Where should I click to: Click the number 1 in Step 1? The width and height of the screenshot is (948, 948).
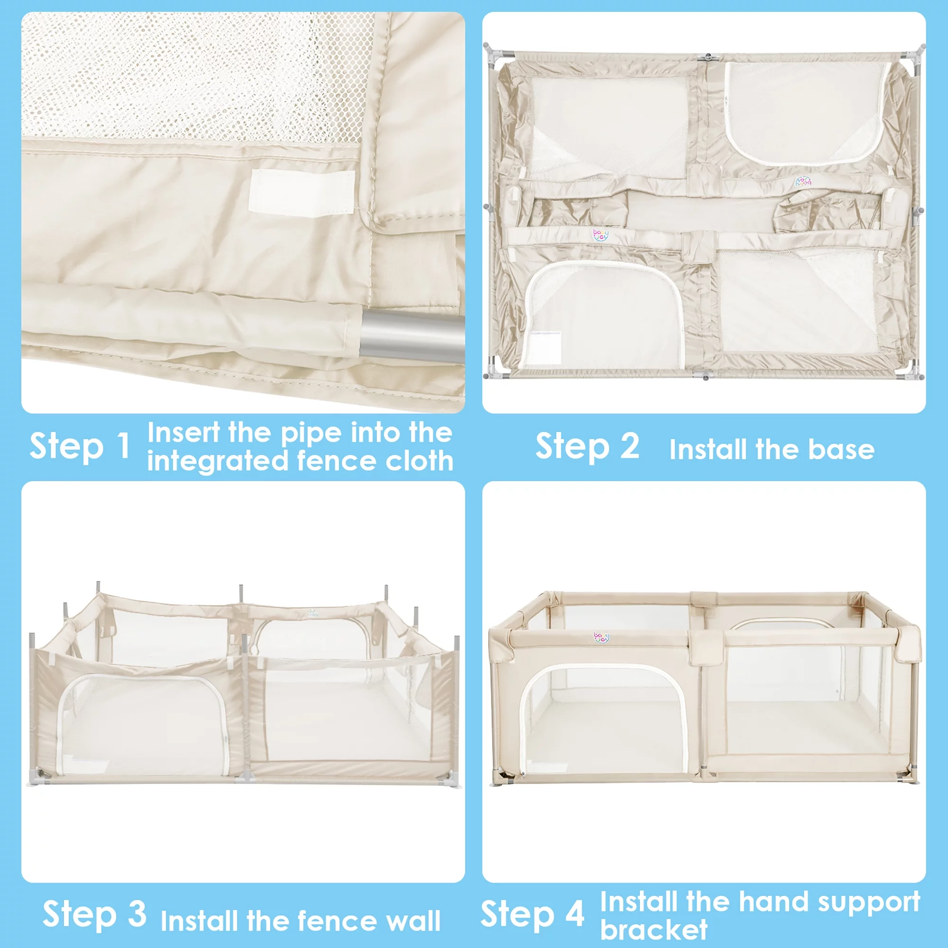(122, 446)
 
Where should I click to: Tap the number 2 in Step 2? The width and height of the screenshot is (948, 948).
(629, 446)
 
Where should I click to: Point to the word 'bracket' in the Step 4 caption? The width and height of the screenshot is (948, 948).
(654, 929)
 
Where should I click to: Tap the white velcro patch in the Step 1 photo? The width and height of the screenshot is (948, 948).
(301, 192)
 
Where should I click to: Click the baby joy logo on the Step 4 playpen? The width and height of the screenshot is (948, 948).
(602, 638)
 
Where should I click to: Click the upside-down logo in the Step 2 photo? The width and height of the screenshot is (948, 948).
(803, 181)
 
